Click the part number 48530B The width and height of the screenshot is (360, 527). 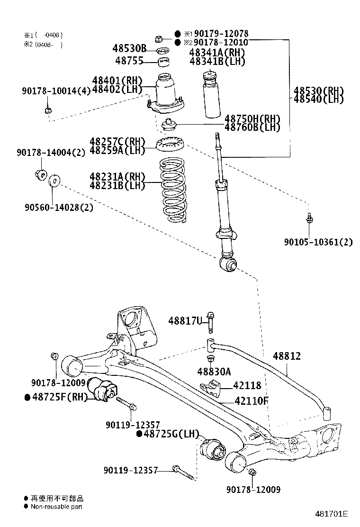click(129, 49)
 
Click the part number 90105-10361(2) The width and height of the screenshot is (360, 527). click(318, 242)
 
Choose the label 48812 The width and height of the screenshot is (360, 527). click(287, 356)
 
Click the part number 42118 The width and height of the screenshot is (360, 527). click(246, 386)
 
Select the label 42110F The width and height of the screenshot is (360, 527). click(251, 401)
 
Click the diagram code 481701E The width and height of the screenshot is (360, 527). click(332, 514)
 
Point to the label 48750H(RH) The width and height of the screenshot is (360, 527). click(252, 118)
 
